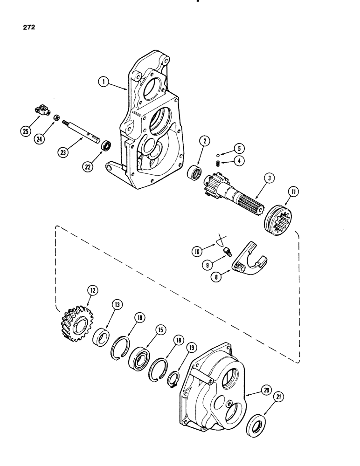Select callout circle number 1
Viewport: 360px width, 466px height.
(104, 83)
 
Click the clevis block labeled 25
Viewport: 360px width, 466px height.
(41, 111)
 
